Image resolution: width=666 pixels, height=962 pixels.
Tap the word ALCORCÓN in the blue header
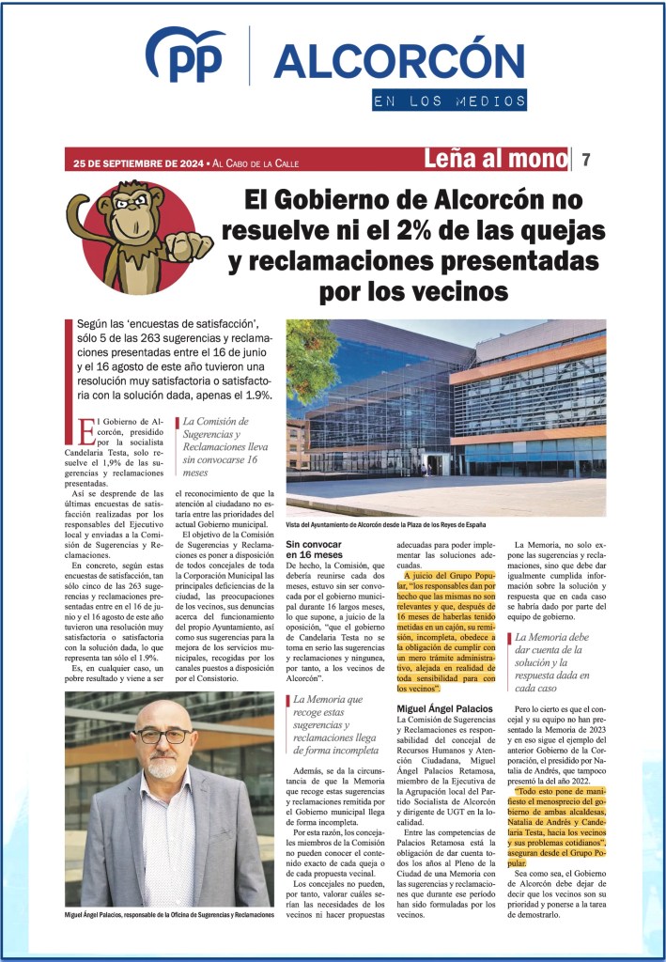pyautogui.click(x=398, y=61)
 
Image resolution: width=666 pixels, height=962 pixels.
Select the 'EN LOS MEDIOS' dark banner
pyautogui.click(x=448, y=100)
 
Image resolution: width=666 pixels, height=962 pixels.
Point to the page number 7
pyautogui.click(x=586, y=160)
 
